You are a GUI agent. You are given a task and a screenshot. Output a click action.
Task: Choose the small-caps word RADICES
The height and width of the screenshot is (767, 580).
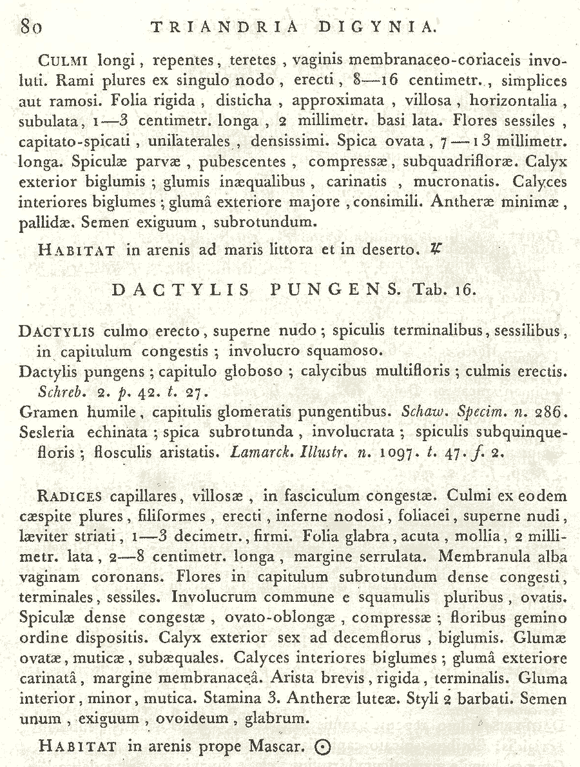[70, 497]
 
